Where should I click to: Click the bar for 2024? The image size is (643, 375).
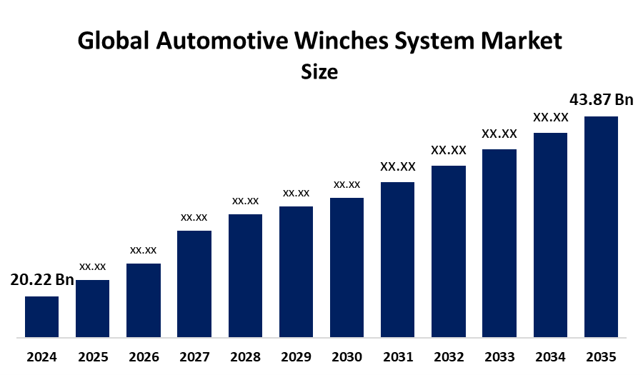point(41,316)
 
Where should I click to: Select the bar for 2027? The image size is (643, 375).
point(194,283)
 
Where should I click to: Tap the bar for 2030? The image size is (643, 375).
point(347,266)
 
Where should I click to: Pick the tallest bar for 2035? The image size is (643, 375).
point(601,226)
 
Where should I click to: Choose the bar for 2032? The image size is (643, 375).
point(448,251)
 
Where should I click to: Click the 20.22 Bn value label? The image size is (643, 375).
point(42,280)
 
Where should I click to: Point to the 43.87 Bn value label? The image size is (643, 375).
point(601,99)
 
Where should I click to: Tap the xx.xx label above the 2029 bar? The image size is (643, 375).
point(296,193)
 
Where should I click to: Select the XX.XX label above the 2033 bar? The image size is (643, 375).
point(499,134)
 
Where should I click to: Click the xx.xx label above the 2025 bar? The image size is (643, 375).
point(92,266)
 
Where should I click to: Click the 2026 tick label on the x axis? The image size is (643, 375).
point(144,356)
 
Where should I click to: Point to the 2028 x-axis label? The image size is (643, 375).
point(245,356)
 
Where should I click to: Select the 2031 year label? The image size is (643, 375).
point(397,356)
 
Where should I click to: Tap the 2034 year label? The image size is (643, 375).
point(550,356)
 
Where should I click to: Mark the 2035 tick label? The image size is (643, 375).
point(601,356)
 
